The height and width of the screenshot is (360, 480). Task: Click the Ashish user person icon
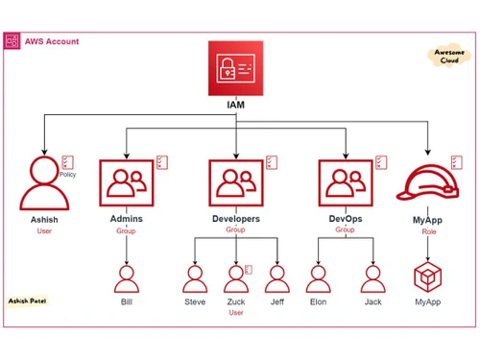tap(44, 182)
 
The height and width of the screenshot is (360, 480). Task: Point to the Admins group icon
tap(127, 182)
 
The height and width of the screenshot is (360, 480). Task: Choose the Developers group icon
tap(235, 182)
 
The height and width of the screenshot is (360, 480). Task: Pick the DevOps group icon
tap(344, 182)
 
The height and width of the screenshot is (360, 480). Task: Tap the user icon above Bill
tap(127, 279)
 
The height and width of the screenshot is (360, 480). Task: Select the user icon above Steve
tap(195, 279)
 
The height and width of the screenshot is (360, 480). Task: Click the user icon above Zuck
tap(235, 279)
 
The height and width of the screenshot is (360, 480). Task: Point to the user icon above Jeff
tap(276, 279)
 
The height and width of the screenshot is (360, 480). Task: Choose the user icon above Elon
tap(318, 279)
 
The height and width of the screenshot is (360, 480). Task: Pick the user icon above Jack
tap(372, 279)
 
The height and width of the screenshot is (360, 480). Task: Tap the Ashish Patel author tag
tap(28, 300)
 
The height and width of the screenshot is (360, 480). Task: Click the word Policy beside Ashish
tap(67, 175)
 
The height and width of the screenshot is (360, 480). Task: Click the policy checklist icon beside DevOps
tap(381, 162)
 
